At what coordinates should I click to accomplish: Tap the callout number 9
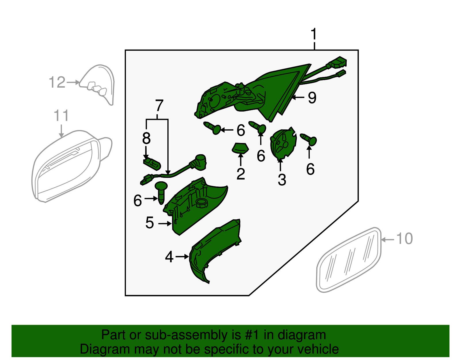pyautogui.click(x=312, y=98)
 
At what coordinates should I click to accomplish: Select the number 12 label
pyautogui.click(x=57, y=82)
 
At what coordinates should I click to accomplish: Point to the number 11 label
pyautogui.click(x=61, y=115)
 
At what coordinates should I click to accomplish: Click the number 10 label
pyautogui.click(x=405, y=238)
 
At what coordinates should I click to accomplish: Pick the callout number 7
pyautogui.click(x=159, y=105)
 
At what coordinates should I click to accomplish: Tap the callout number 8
pyautogui.click(x=146, y=138)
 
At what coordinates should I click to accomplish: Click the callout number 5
pyautogui.click(x=150, y=223)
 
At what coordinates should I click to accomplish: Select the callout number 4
pyautogui.click(x=169, y=257)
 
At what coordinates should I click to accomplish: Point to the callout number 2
pyautogui.click(x=241, y=174)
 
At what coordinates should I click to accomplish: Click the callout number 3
pyautogui.click(x=282, y=180)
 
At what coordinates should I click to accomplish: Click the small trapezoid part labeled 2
pyautogui.click(x=240, y=148)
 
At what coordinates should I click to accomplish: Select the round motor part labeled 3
pyautogui.click(x=283, y=143)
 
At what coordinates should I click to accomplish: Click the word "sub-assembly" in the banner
pyautogui.click(x=193, y=335)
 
